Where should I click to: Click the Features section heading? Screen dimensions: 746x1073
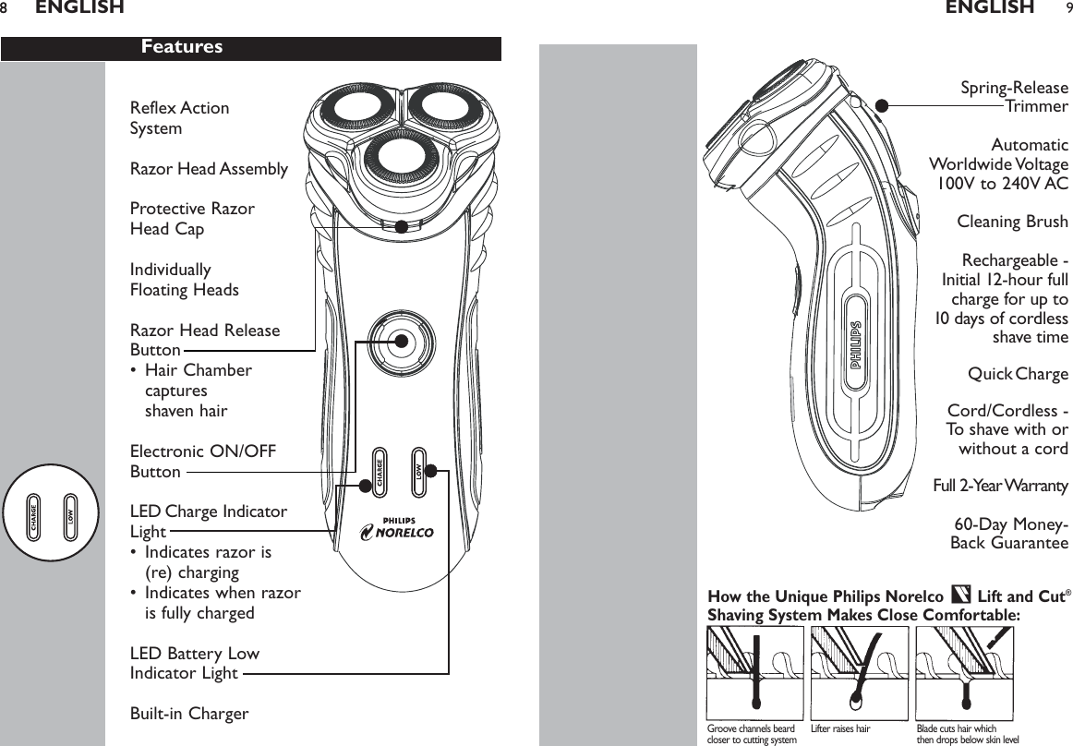coord(182,47)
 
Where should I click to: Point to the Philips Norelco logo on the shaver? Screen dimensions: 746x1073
coord(396,528)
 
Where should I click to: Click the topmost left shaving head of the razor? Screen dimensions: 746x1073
coord(346,115)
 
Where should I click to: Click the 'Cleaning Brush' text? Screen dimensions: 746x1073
coord(1012,222)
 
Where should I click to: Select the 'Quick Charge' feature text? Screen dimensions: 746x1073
coord(1018,374)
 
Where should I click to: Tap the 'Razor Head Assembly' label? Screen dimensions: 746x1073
coord(209,169)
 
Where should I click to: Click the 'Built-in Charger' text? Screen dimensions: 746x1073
coord(189,714)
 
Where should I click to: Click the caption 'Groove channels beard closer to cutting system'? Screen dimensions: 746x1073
coord(751,734)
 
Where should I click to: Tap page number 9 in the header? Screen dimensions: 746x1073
coord(1067,8)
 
